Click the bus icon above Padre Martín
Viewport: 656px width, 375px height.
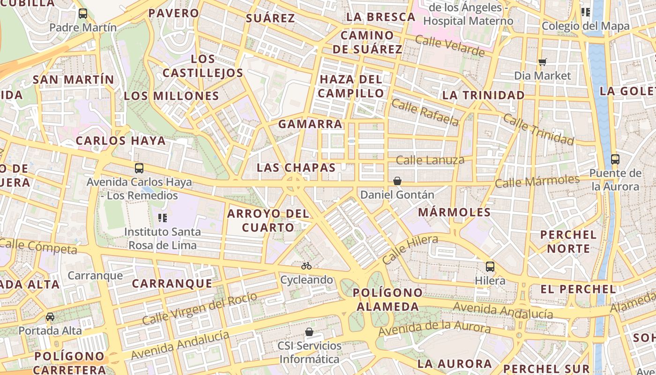click(83, 13)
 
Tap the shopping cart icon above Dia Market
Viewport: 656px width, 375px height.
click(543, 62)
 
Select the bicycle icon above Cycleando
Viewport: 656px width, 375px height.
click(306, 266)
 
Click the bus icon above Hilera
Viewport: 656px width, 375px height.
click(490, 267)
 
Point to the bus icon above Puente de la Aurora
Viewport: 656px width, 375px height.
click(615, 159)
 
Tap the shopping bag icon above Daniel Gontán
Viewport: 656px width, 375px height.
click(397, 180)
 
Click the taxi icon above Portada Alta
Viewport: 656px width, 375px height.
click(50, 317)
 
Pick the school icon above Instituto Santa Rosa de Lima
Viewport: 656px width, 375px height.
click(163, 217)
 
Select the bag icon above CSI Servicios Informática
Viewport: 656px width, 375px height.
click(309, 332)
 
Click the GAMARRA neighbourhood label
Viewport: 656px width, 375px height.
click(310, 124)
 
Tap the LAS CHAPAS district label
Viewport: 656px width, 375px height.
click(296, 168)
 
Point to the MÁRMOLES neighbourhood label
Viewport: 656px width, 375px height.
click(454, 212)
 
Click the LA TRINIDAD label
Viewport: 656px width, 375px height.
click(484, 96)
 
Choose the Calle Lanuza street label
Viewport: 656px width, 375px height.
click(430, 160)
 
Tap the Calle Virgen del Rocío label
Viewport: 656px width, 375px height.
click(200, 308)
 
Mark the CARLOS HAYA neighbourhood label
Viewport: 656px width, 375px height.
click(121, 141)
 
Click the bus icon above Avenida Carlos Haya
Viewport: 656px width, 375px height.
click(139, 168)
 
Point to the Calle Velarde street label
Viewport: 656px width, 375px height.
click(450, 46)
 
